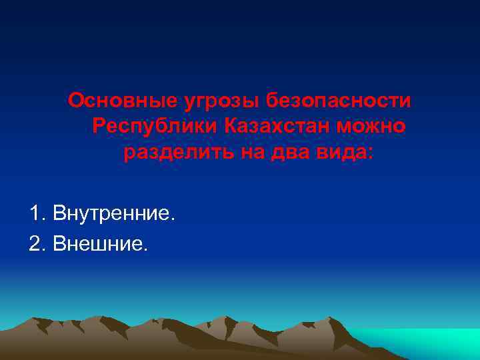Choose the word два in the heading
(285, 153)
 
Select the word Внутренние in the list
(115, 214)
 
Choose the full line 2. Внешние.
(87, 245)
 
